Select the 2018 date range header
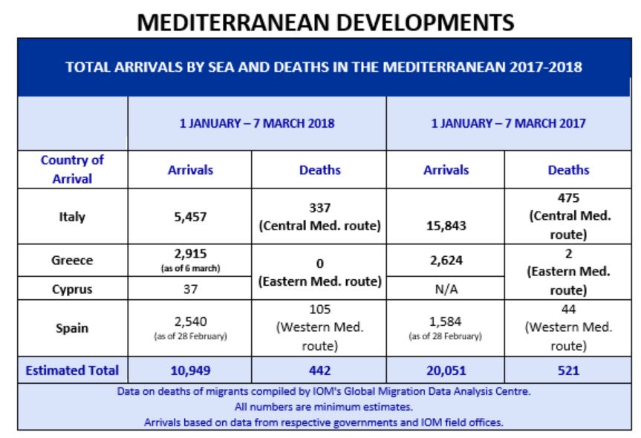tap(257, 123)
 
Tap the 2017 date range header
tap(509, 123)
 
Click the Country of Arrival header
tap(72, 169)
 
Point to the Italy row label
tap(72, 217)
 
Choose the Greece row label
tap(72, 260)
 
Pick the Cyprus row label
tap(72, 288)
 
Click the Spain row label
tap(72, 328)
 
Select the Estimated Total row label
tap(72, 370)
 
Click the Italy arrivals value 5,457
tap(189, 218)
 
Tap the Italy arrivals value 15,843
tap(446, 226)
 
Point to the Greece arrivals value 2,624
tap(446, 260)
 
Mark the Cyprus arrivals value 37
tap(189, 288)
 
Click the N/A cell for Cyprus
tap(446, 288)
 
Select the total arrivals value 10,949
tap(189, 370)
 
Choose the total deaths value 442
tap(319, 370)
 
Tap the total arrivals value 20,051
tap(446, 370)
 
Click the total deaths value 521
tap(568, 370)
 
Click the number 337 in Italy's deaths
tap(319, 209)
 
